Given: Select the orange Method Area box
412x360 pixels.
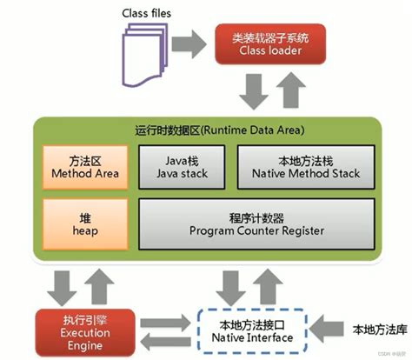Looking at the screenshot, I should point(84,166).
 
